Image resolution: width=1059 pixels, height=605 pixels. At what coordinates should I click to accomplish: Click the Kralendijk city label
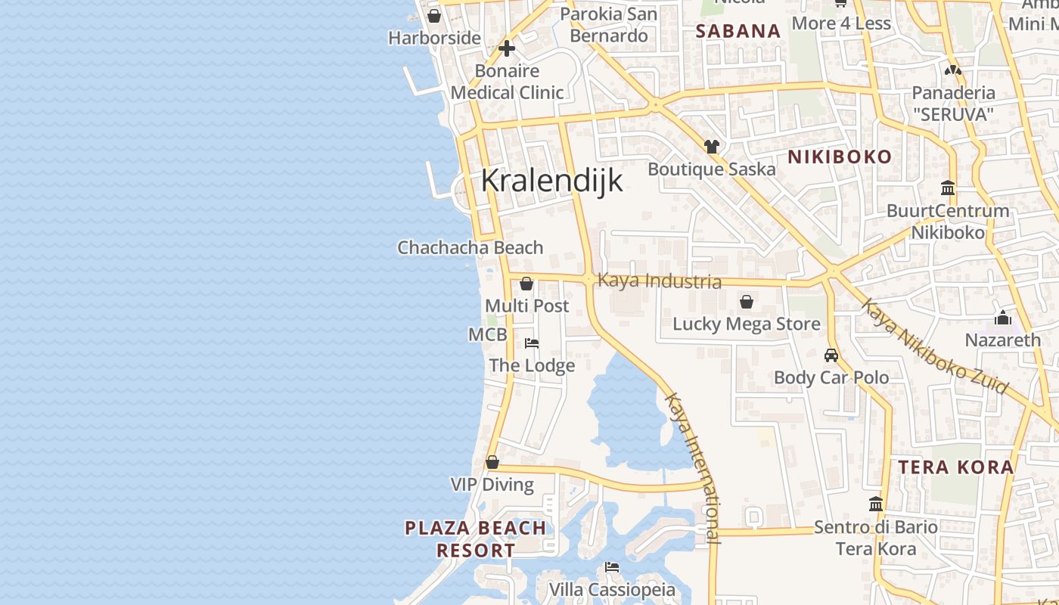point(552,181)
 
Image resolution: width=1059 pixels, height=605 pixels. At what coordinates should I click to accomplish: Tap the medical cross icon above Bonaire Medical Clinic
point(507,49)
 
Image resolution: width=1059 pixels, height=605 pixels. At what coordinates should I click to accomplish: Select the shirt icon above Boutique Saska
point(711,147)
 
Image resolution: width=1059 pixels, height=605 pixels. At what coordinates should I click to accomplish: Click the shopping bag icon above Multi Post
point(526,284)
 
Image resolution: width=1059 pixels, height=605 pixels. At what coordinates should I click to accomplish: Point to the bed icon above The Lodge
point(532,343)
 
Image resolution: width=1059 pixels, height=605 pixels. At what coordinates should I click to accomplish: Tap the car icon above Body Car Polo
point(831,355)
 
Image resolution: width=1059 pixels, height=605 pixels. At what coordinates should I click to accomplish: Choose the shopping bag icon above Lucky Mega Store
point(747,302)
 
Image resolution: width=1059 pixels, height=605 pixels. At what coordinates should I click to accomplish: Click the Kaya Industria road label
point(659,281)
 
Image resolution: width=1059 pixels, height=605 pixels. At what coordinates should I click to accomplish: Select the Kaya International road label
point(693,467)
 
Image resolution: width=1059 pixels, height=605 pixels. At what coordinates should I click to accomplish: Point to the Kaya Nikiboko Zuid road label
point(935,348)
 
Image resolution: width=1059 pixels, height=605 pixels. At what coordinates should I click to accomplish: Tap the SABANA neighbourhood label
point(738,31)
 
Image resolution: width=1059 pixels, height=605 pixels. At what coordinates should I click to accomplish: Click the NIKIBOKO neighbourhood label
point(840,157)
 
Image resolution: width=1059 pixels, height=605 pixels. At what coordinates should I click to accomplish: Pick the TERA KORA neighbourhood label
point(956,467)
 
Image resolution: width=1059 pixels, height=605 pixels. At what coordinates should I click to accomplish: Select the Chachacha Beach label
point(470,247)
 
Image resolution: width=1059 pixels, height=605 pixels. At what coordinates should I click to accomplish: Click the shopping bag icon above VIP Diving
point(492,462)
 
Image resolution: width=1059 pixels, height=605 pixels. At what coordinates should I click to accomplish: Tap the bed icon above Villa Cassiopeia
point(612,567)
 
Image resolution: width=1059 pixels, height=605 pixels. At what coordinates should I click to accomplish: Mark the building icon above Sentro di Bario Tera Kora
point(876,504)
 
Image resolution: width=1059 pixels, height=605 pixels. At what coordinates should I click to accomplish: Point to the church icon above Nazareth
point(1003,318)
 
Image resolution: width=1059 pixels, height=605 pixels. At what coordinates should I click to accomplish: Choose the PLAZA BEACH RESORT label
point(476,538)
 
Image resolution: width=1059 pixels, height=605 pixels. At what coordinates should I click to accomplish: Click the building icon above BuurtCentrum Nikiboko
point(948,188)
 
